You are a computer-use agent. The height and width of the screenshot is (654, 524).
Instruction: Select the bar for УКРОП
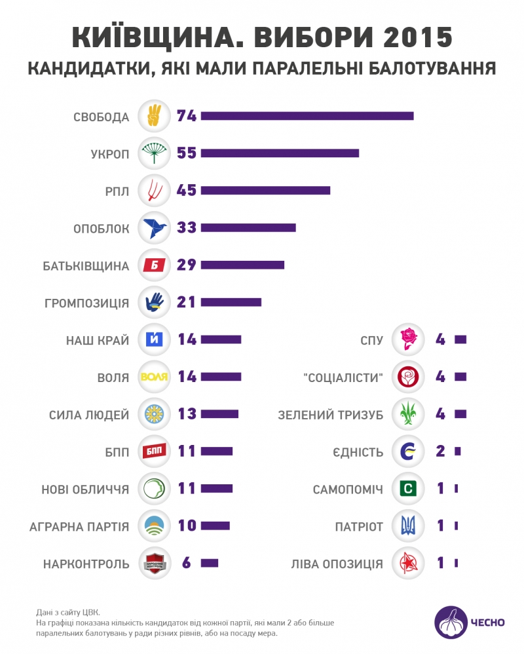click(280, 153)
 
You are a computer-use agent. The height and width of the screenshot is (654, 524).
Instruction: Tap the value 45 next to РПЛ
click(187, 190)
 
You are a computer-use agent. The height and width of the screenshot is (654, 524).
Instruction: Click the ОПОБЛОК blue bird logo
click(155, 227)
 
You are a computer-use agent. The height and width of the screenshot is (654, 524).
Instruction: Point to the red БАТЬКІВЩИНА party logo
click(155, 265)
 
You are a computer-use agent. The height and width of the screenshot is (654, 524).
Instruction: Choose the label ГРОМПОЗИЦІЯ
click(87, 303)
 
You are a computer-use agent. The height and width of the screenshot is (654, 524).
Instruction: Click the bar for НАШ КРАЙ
click(221, 339)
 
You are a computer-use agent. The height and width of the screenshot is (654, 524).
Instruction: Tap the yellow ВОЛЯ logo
click(155, 377)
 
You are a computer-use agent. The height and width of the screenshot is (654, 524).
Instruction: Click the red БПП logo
click(155, 452)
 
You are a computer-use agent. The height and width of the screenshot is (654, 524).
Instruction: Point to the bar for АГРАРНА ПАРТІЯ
click(215, 526)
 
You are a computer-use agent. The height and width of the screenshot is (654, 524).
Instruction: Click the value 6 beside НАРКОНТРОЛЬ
click(187, 563)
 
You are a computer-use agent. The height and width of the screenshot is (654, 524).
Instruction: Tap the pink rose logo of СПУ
click(408, 339)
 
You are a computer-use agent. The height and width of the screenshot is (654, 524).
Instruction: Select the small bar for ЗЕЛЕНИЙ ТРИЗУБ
click(460, 414)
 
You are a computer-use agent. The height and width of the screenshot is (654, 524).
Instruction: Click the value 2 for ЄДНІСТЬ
click(440, 452)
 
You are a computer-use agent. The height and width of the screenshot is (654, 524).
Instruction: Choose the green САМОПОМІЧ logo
click(408, 489)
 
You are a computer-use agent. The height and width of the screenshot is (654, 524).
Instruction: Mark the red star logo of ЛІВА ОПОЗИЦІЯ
click(408, 563)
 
